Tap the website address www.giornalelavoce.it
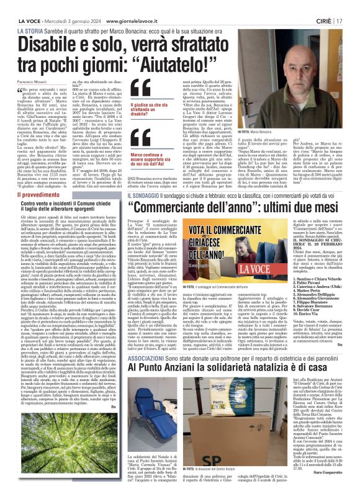(139, 7)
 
